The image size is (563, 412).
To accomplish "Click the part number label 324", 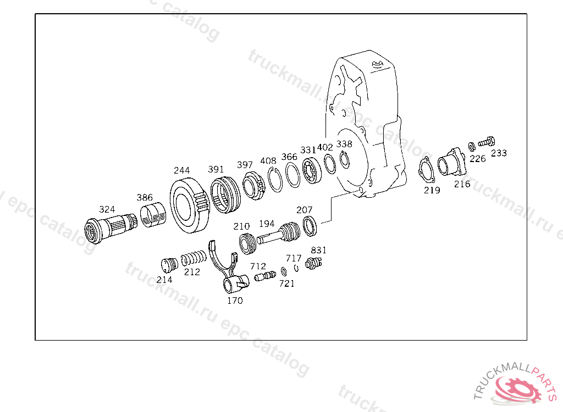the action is coord(107,209).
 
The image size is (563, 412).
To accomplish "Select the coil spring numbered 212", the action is coord(194,258).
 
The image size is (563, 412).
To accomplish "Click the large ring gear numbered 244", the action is coord(189,205).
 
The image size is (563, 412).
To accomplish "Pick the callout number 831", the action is coord(318,250).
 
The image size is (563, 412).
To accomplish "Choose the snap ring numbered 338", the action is coord(344,159).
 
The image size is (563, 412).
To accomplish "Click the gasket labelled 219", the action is coord(427,170).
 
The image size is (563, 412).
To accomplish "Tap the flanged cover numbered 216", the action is coord(451,162).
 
